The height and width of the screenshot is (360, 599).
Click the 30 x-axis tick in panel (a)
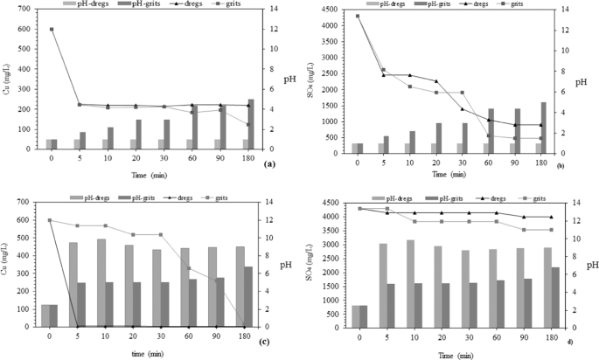[x=164, y=158]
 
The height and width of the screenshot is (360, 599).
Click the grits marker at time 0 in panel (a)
[x=52, y=30]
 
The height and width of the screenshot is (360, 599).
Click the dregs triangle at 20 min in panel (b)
[x=461, y=81]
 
